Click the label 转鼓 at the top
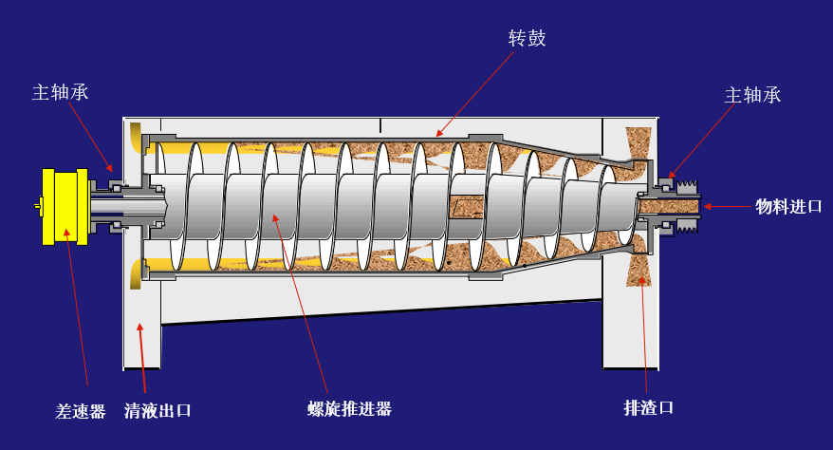[528, 39]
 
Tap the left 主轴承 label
[61, 92]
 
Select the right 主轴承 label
[752, 95]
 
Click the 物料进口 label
[788, 206]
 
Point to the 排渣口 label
[648, 408]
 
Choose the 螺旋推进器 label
[349, 409]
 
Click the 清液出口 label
[157, 411]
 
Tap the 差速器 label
[81, 412]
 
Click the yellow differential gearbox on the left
[65, 205]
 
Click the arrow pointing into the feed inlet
[726, 206]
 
